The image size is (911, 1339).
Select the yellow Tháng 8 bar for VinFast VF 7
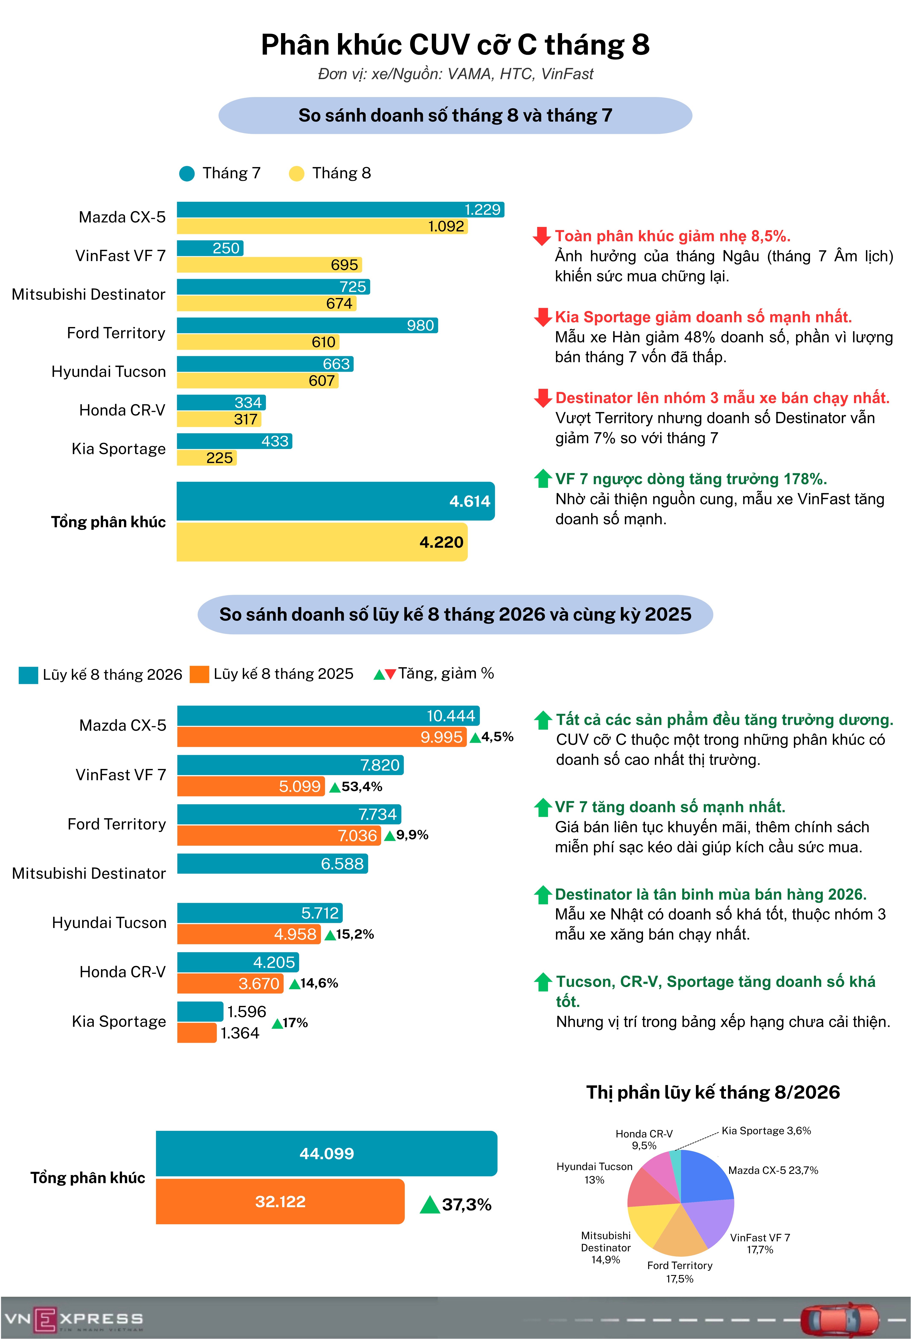(269, 264)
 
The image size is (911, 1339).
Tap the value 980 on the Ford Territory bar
(420, 325)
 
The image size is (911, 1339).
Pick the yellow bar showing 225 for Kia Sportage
(206, 457)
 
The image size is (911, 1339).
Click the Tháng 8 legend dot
(296, 173)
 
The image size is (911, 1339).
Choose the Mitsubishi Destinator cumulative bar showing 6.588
(272, 864)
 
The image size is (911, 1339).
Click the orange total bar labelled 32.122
(280, 1201)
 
